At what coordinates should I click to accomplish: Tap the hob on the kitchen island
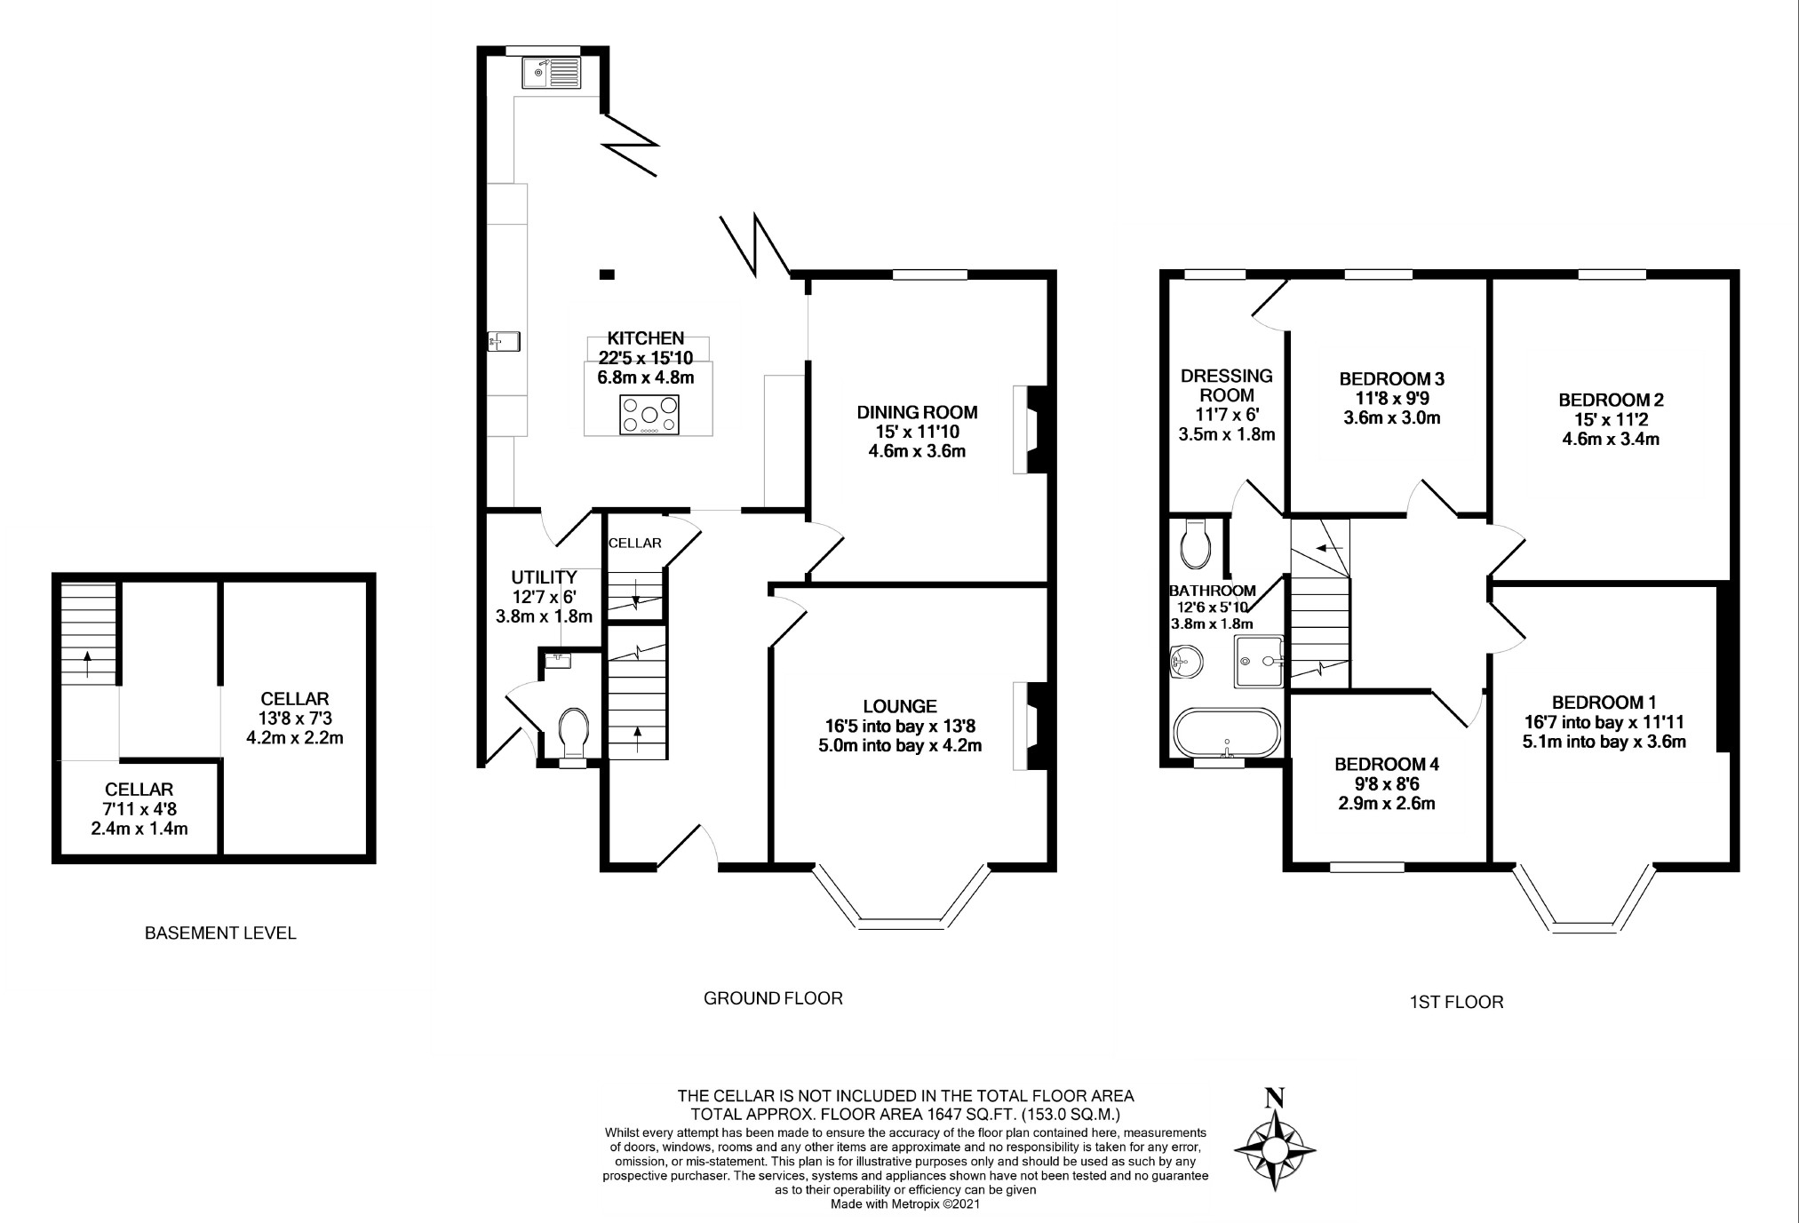point(649,415)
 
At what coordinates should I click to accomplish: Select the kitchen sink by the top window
point(551,73)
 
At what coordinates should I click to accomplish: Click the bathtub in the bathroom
point(1228,734)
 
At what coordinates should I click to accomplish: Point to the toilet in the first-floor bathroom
point(1197,543)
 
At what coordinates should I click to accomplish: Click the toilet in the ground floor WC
point(575,731)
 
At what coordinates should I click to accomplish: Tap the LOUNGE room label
point(900,706)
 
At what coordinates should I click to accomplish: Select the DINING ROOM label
point(917,412)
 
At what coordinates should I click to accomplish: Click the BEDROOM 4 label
point(1387,764)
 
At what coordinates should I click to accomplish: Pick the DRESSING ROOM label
point(1227,385)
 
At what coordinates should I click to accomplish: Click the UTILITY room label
point(544,577)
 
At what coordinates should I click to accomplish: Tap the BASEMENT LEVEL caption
point(220,933)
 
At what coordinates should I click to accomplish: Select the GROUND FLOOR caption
point(773,998)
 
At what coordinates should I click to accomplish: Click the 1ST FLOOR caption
point(1456,1003)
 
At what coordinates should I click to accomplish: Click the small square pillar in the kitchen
point(606,274)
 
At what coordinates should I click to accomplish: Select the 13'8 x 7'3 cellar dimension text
point(295,718)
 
